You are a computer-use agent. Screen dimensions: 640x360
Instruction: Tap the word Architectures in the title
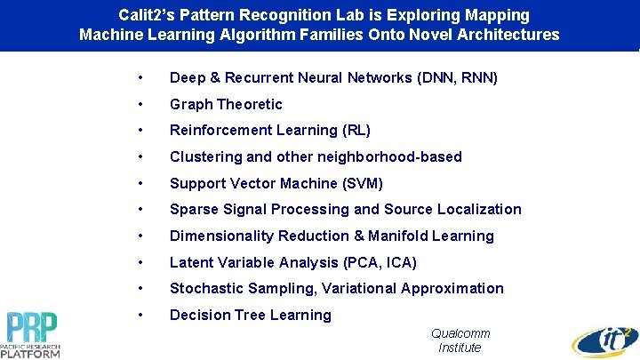click(x=508, y=35)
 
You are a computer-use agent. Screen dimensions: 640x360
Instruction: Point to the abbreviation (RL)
click(x=356, y=131)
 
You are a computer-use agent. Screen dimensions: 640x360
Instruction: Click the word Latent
click(x=190, y=262)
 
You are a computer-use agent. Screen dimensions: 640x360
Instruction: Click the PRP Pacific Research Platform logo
click(x=34, y=334)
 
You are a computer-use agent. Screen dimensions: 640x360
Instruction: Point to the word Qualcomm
click(x=460, y=333)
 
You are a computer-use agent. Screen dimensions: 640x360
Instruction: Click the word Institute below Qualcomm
click(x=460, y=348)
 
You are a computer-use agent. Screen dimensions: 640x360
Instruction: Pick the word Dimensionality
click(x=221, y=236)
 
